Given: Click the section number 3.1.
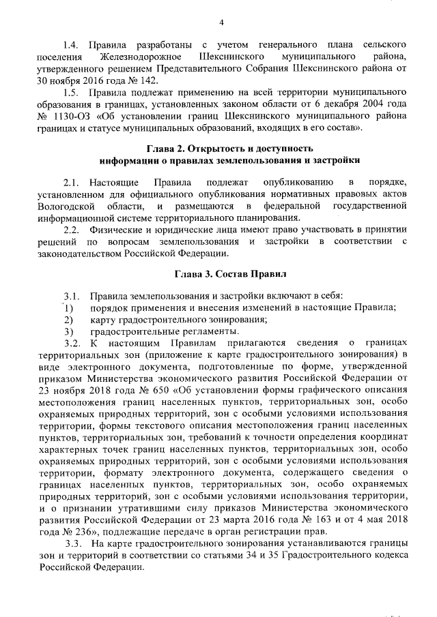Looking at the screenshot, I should coord(72,295).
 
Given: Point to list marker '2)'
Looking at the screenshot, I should coord(68,319).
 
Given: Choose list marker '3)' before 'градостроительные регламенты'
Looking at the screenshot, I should coord(68,331).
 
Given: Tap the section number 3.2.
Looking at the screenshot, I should coord(72,343).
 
